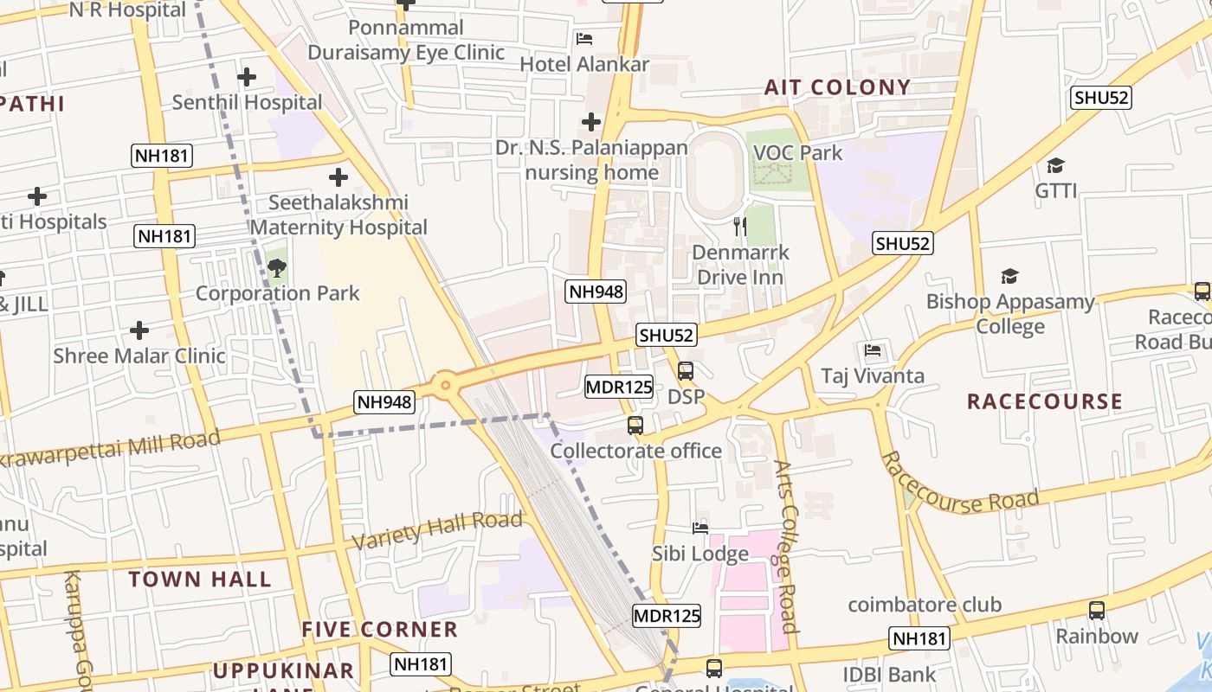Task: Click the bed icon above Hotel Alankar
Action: [584, 39]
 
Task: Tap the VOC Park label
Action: [797, 153]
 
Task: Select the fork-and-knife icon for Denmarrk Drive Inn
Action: [740, 227]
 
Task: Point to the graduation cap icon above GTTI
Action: [1055, 165]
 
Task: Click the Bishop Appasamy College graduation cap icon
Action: [1009, 277]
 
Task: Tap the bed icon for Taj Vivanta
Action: [873, 350]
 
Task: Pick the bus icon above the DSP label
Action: [686, 371]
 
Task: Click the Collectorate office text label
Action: [635, 451]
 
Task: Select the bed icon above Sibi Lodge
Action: [700, 528]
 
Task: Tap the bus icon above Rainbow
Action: [1097, 611]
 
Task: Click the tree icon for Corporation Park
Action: [277, 268]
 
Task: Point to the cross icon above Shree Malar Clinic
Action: [139, 330]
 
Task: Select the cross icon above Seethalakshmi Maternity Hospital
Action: [338, 177]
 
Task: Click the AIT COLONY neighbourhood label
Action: [837, 87]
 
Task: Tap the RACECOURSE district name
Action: [1044, 401]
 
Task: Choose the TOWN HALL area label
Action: [200, 580]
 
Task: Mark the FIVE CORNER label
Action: [379, 630]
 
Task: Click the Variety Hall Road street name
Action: [437, 529]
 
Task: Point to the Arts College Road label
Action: [786, 547]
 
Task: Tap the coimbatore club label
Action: [924, 605]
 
